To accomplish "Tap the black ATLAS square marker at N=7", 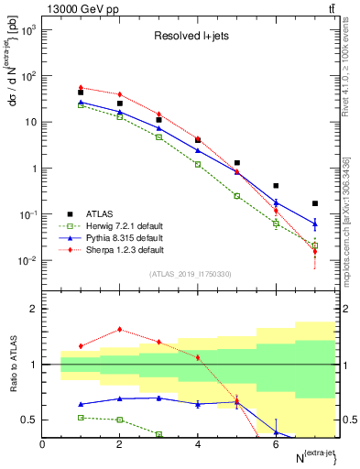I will point(314,203).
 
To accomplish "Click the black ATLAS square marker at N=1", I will point(82,93).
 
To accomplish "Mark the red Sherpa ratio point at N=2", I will point(120,330).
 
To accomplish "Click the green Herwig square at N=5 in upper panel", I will point(236,196).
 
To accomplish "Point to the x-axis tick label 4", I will point(198,444).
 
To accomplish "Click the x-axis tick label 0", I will point(43,444).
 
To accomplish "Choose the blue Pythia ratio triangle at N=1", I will point(82,404).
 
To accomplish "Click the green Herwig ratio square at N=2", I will point(120,420).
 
